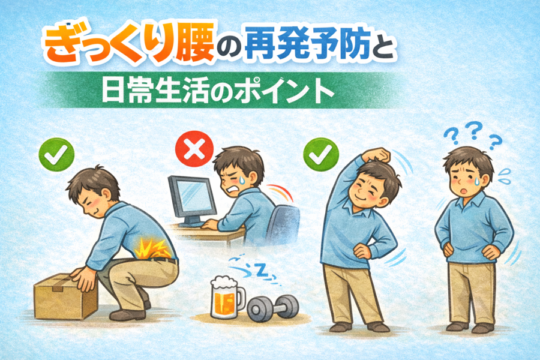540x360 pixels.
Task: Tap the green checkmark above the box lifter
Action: point(56,155)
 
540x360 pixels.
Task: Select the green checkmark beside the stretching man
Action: point(321,155)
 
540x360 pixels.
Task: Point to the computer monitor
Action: point(191,200)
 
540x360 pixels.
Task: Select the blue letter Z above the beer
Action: point(262,271)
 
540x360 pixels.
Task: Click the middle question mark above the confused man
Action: point(475,130)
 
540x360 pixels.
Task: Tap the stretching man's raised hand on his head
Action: point(378,155)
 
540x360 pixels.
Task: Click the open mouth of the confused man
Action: point(464,190)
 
